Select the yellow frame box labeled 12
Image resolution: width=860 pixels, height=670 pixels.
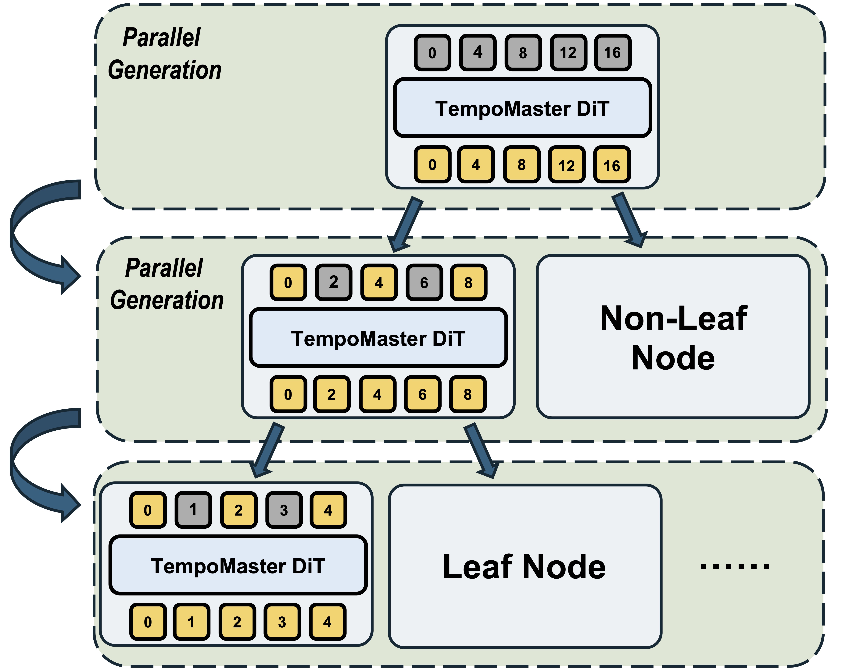pyautogui.click(x=567, y=164)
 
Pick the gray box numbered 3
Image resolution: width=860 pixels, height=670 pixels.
pyautogui.click(x=284, y=510)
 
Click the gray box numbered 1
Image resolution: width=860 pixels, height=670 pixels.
pyautogui.click(x=193, y=510)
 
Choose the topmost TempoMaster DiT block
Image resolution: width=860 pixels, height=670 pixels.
pyautogui.click(x=522, y=108)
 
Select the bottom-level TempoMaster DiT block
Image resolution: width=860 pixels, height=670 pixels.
pyautogui.click(x=238, y=565)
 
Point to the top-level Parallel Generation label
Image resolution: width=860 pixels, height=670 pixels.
pyautogui.click(x=165, y=54)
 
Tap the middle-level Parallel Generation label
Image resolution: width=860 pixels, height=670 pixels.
pyautogui.click(x=167, y=284)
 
